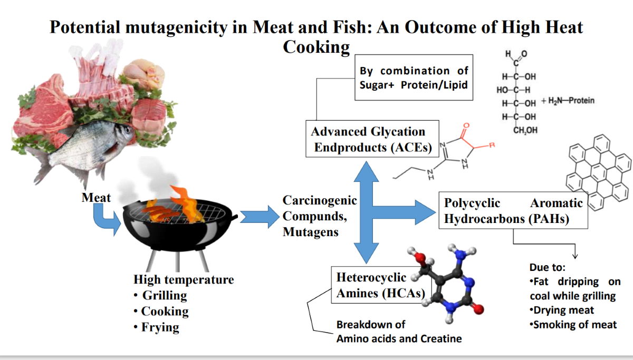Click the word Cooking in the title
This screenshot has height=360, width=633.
coord(316,47)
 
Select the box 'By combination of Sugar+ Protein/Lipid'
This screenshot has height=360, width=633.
coord(414,78)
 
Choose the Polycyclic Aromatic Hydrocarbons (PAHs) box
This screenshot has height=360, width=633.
coord(513,210)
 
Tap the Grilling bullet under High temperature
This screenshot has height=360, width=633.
coord(164,296)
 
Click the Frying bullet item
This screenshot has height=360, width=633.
coord(160,327)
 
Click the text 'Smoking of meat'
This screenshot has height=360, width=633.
coord(574,325)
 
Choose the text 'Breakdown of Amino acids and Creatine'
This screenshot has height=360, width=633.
coord(399,332)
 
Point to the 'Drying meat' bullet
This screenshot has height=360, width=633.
coord(563,310)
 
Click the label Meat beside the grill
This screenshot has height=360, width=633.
coord(96,198)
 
